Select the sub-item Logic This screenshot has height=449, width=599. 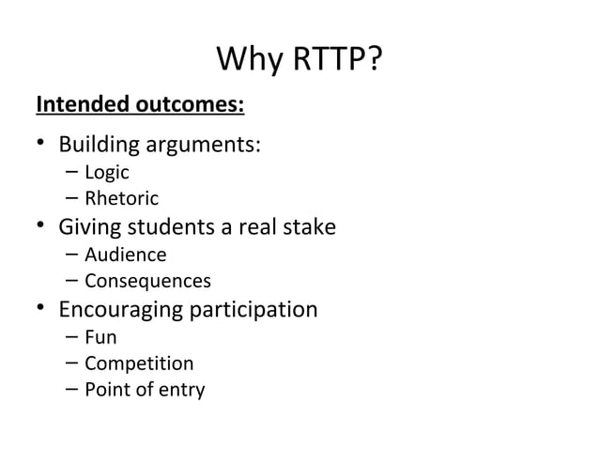coord(106,173)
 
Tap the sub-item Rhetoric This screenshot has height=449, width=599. coord(122,199)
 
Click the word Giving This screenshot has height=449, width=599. coord(90,227)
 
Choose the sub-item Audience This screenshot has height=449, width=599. coord(125,255)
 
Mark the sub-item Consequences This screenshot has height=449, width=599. coord(147,281)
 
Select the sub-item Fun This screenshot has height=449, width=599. coord(100,336)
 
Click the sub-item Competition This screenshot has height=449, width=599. coord(139,364)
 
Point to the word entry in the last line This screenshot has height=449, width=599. coord(180,390)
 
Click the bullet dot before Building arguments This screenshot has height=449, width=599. coord(41,146)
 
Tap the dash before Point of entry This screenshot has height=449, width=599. coord(72,390)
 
